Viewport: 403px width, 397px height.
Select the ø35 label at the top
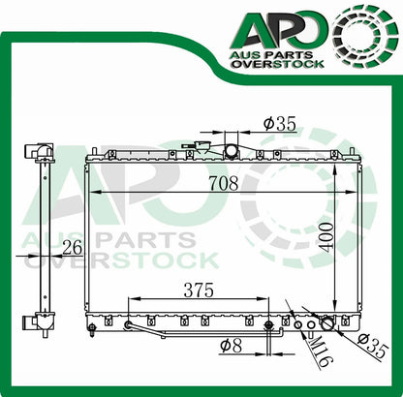tap(279, 124)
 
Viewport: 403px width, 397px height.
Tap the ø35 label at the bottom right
tap(374, 343)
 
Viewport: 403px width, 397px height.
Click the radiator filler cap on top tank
tap(231, 150)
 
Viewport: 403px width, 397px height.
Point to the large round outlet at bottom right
tap(328, 324)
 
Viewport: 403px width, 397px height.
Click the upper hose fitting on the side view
tap(39, 152)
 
